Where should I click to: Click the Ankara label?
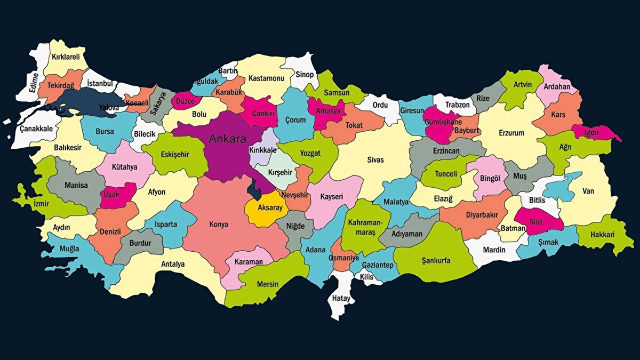[x=227, y=140]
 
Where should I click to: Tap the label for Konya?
[x=219, y=225]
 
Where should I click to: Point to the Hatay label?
[x=341, y=298]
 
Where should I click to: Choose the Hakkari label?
[x=603, y=235]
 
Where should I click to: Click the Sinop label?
[x=305, y=75]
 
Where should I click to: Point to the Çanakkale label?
[x=36, y=129]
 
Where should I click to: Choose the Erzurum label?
[x=511, y=133]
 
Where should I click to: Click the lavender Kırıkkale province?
[x=263, y=150]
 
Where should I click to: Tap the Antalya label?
[x=173, y=264]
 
